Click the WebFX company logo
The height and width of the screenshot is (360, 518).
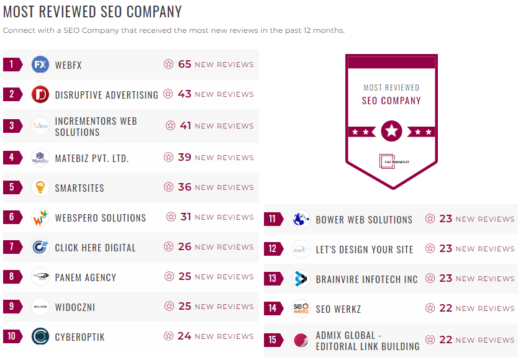click(x=40, y=64)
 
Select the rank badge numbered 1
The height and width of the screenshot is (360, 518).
click(x=12, y=64)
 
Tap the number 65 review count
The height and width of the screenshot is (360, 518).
click(x=184, y=64)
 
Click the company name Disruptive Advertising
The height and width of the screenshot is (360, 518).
click(x=106, y=95)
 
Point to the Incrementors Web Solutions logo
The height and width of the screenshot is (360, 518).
click(x=40, y=126)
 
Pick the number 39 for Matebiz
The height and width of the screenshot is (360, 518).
click(x=184, y=157)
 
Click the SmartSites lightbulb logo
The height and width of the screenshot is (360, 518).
click(x=40, y=187)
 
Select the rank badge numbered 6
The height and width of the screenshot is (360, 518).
click(x=12, y=217)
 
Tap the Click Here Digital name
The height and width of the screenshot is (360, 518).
click(x=95, y=248)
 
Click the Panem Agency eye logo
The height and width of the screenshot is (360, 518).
click(x=40, y=277)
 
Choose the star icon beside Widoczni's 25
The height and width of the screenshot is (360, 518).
click(x=168, y=307)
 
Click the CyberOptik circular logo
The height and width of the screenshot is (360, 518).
click(x=40, y=336)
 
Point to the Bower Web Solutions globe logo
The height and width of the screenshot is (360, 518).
click(x=301, y=219)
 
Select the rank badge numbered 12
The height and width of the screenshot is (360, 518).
click(x=273, y=249)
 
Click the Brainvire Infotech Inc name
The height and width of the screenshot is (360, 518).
click(x=366, y=279)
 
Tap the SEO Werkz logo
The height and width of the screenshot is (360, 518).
click(x=301, y=308)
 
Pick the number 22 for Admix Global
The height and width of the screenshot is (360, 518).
click(x=445, y=340)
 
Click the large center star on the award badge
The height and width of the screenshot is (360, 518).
click(x=391, y=131)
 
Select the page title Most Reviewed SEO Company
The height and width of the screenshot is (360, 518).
click(x=93, y=12)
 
